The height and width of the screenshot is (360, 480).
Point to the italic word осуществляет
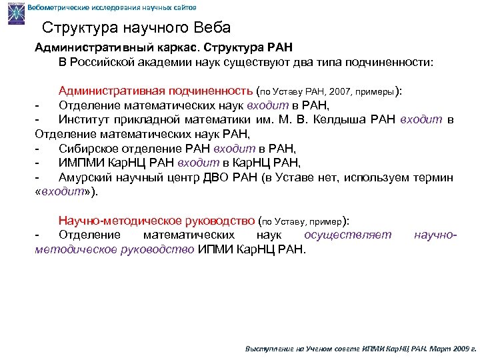347,235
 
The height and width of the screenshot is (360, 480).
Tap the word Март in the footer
441,349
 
